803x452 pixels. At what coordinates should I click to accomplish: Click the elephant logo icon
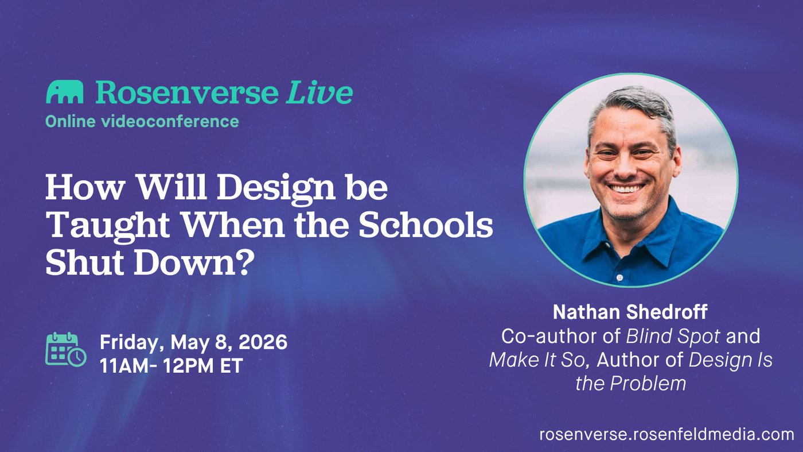(x=64, y=92)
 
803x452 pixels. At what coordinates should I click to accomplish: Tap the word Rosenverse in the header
(x=187, y=92)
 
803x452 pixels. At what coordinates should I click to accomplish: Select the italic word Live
(x=319, y=92)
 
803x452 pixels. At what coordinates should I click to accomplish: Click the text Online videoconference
(x=142, y=121)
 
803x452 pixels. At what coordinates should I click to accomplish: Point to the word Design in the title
(x=276, y=189)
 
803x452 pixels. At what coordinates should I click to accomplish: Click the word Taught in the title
(x=108, y=226)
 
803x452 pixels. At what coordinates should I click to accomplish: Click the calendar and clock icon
(x=66, y=349)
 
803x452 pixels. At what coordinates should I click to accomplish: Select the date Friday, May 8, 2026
(x=194, y=342)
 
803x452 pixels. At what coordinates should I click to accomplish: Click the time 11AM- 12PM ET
(x=171, y=366)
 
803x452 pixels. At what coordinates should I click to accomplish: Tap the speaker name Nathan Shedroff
(x=630, y=312)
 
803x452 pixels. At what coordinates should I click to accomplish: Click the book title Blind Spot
(x=673, y=337)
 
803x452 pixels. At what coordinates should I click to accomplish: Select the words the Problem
(x=630, y=383)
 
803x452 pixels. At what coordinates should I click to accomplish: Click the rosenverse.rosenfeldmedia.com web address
(x=666, y=434)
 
